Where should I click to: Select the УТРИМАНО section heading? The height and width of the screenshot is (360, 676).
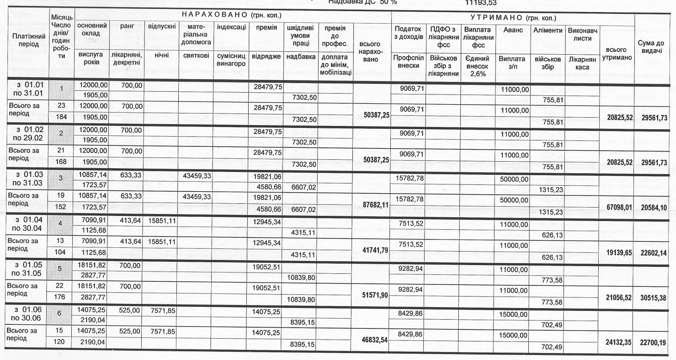pos(513,18)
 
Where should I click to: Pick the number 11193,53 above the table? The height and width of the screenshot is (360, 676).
pos(480,2)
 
